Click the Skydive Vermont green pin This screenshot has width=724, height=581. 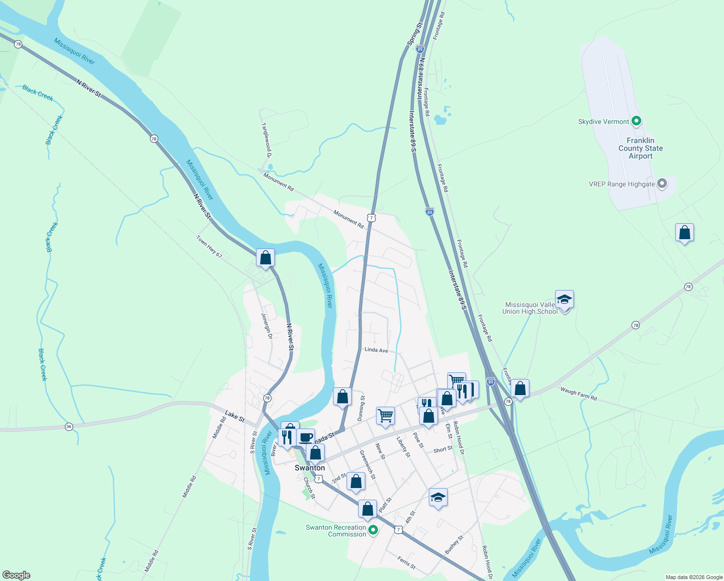[636, 121]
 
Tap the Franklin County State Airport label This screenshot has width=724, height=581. [641, 148]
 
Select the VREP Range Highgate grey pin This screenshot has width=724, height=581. [663, 183]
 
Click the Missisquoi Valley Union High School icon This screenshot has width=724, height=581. [564, 300]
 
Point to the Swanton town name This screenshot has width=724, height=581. [310, 468]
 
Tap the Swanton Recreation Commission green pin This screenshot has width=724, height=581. [373, 530]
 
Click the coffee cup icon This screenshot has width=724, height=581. [305, 437]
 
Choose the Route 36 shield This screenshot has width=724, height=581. [69, 427]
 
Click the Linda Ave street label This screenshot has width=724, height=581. [376, 350]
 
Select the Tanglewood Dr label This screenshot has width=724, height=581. [266, 140]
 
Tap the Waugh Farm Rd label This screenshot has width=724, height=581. [578, 393]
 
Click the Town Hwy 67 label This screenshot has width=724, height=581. [209, 246]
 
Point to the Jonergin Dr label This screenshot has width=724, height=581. [267, 326]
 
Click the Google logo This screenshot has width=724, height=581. [16, 575]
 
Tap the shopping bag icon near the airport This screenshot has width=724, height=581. [684, 233]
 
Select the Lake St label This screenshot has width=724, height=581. [235, 416]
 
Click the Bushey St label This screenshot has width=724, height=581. [454, 545]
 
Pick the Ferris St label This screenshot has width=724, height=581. [407, 563]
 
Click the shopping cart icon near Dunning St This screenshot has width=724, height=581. [385, 415]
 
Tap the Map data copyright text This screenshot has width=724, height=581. [694, 577]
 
